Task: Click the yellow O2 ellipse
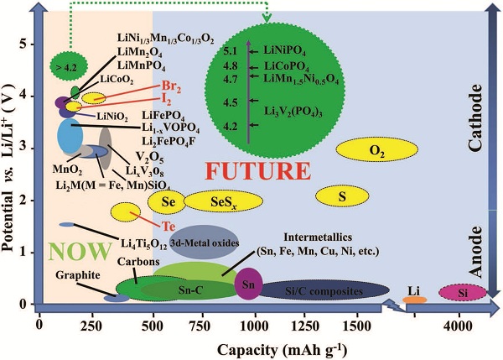click(x=377, y=149)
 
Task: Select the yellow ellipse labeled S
click(x=342, y=196)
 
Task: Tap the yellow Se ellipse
click(x=167, y=201)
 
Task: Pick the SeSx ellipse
click(x=224, y=201)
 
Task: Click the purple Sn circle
click(x=249, y=284)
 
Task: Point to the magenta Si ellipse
click(x=463, y=293)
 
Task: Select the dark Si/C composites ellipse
click(x=324, y=290)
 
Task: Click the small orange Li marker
click(x=415, y=300)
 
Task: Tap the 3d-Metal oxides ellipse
click(x=205, y=243)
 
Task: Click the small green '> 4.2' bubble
click(x=69, y=67)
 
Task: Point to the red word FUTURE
click(x=258, y=172)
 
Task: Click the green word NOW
click(x=80, y=251)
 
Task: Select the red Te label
click(x=169, y=227)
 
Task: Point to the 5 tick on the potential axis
click(x=23, y=44)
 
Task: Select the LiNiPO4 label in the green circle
click(x=285, y=50)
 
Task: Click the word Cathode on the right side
click(x=475, y=117)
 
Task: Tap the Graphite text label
click(x=78, y=275)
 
